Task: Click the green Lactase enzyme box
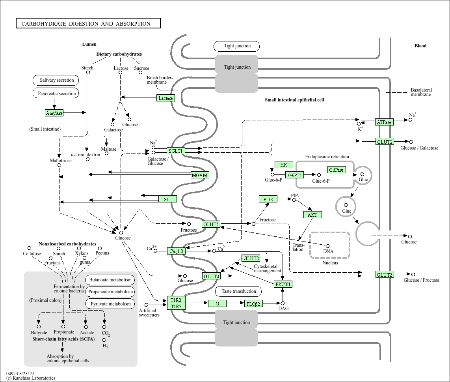point(165,98)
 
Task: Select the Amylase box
point(54,113)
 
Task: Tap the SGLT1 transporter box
point(176,151)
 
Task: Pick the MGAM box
point(199,175)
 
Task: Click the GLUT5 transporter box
point(211,225)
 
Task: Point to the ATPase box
point(384,122)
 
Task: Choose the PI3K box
point(268,200)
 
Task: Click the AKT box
point(312,215)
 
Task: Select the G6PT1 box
point(295,175)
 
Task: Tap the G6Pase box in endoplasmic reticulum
point(336,170)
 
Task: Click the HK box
point(284,165)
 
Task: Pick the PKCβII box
point(284,284)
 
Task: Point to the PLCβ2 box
point(253,303)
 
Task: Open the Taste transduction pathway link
point(239,291)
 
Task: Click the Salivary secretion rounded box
point(57,80)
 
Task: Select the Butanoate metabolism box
point(110,280)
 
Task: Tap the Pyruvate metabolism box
point(110,304)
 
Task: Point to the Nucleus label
point(330,263)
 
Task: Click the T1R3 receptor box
point(176,306)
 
